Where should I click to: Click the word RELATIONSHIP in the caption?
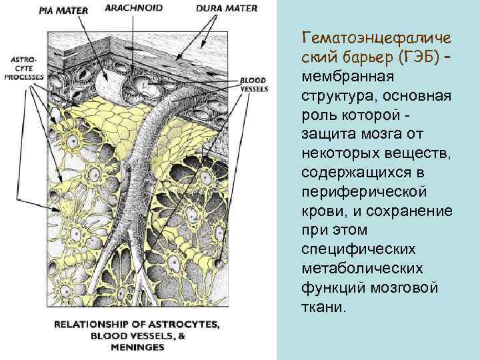tap(96, 325)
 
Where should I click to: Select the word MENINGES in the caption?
tap(139, 347)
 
